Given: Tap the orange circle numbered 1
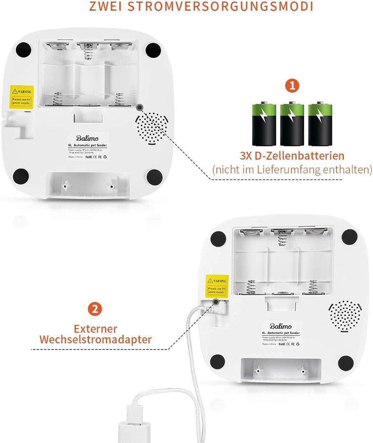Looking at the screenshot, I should click(x=292, y=85).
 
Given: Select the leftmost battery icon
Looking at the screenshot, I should click(x=264, y=124).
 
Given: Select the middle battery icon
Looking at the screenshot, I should click(x=292, y=124).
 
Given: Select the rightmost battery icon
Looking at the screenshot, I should click(x=320, y=124).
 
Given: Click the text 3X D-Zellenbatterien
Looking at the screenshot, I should click(x=292, y=156).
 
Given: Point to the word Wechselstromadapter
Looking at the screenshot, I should click(x=95, y=340).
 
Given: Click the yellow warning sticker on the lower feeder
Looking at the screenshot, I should click(x=217, y=285).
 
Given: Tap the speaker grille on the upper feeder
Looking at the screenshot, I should click(x=152, y=128).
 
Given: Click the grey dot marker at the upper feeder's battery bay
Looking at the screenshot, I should click(x=140, y=107).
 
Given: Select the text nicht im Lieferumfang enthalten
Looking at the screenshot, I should click(x=292, y=169).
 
